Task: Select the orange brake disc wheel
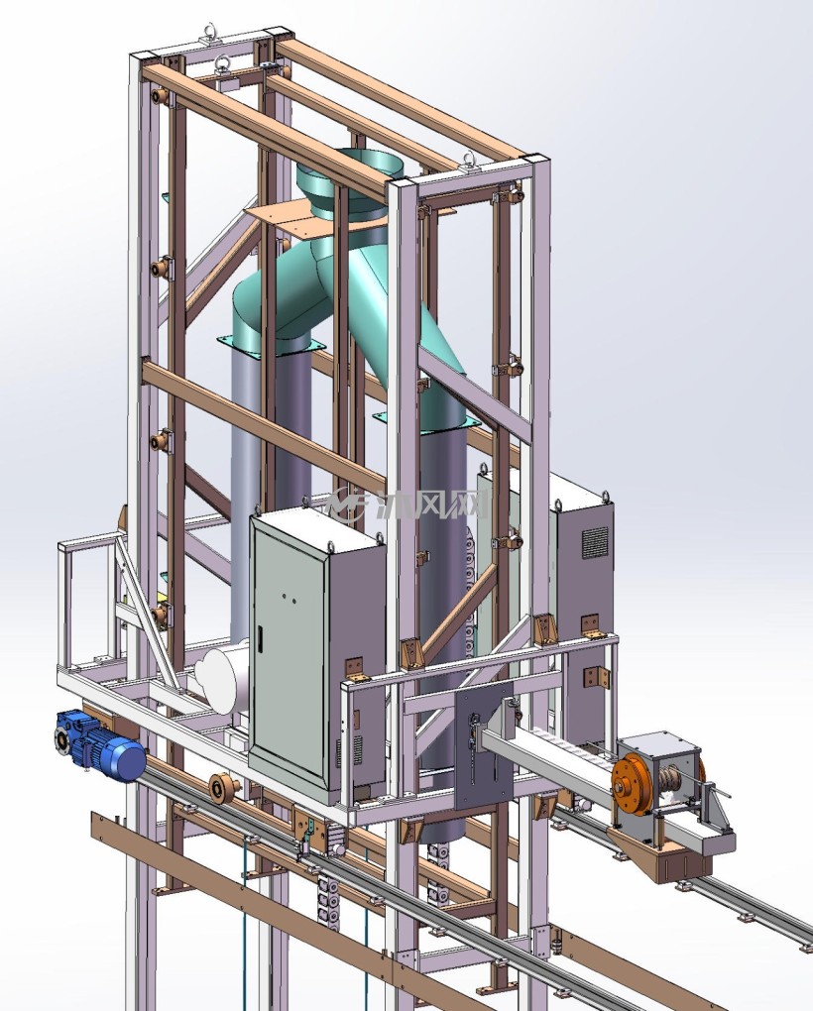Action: (x=629, y=788)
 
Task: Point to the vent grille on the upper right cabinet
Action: (x=595, y=543)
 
